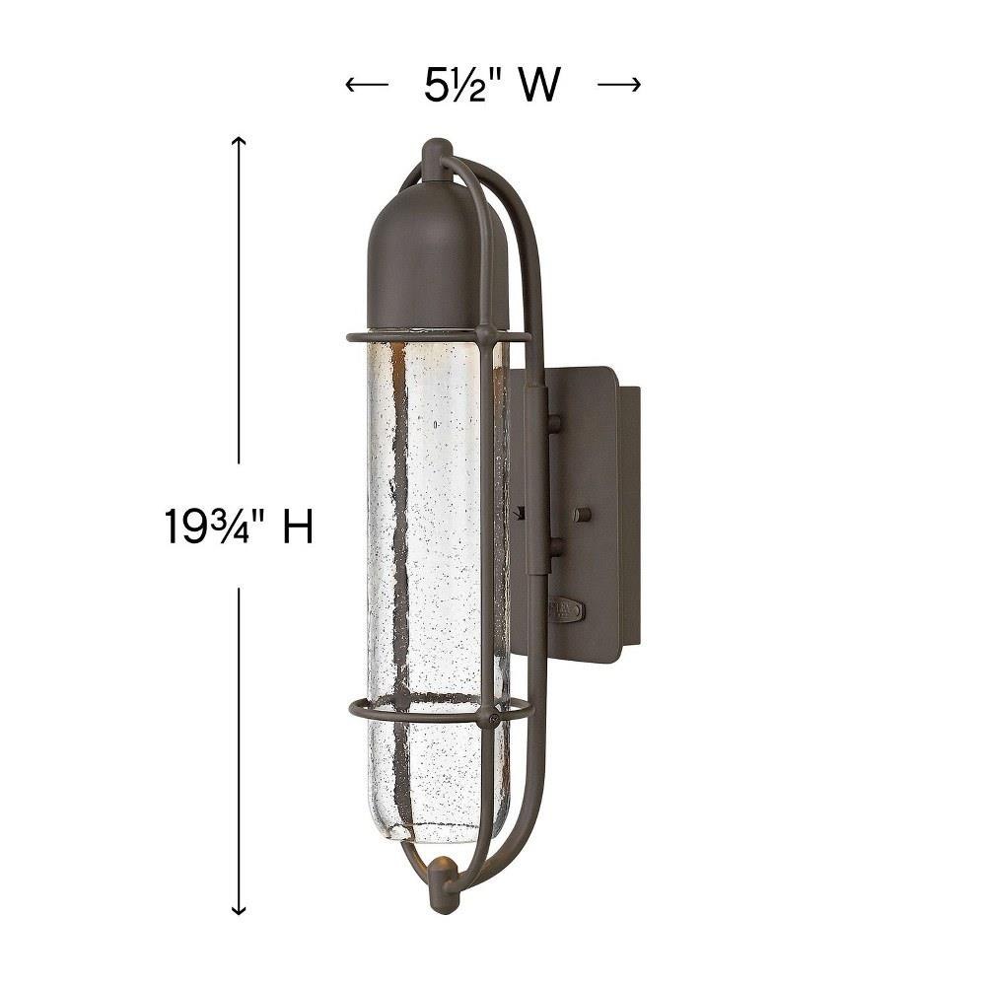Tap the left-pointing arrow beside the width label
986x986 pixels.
367,84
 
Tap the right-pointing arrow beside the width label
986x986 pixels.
619,84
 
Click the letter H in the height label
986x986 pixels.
297,526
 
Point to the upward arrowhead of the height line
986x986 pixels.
239,141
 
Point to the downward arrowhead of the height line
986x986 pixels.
239,909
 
